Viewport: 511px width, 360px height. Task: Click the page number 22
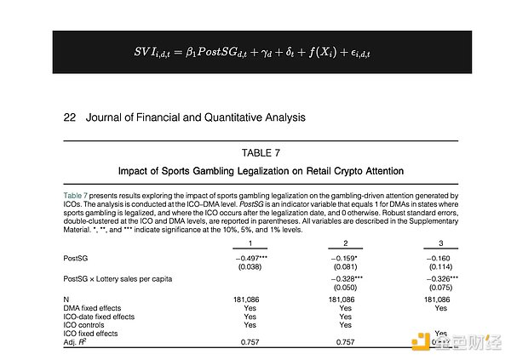(70, 117)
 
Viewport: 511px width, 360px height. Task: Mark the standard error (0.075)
(440, 289)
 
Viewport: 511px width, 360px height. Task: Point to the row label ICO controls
(86, 324)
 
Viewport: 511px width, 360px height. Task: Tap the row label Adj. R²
(79, 341)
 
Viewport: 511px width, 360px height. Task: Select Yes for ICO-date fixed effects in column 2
(345, 316)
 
